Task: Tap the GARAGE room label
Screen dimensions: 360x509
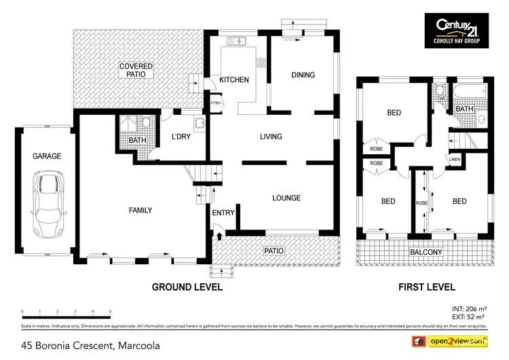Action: pyautogui.click(x=47, y=156)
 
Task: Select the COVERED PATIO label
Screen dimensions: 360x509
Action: pyautogui.click(x=136, y=71)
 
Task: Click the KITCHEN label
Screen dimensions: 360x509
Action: pyautogui.click(x=234, y=79)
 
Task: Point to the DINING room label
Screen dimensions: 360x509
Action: pyautogui.click(x=303, y=75)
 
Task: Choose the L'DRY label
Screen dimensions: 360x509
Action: pyautogui.click(x=181, y=137)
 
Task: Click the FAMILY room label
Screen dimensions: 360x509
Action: pyautogui.click(x=140, y=211)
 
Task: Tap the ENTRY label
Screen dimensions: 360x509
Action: pyautogui.click(x=223, y=213)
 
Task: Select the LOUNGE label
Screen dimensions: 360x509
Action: pyautogui.click(x=286, y=198)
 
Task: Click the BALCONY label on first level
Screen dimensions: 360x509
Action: pyautogui.click(x=426, y=253)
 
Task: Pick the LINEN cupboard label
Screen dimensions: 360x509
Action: pyautogui.click(x=454, y=160)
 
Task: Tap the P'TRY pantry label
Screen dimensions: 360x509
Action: pyautogui.click(x=216, y=103)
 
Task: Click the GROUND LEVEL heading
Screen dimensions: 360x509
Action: pyautogui.click(x=187, y=287)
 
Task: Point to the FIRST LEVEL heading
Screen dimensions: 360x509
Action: pyautogui.click(x=426, y=287)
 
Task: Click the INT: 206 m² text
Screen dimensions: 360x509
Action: pyautogui.click(x=469, y=308)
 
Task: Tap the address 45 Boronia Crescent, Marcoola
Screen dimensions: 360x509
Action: pyautogui.click(x=91, y=346)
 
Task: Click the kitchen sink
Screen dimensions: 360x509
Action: pyautogui.click(x=240, y=41)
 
